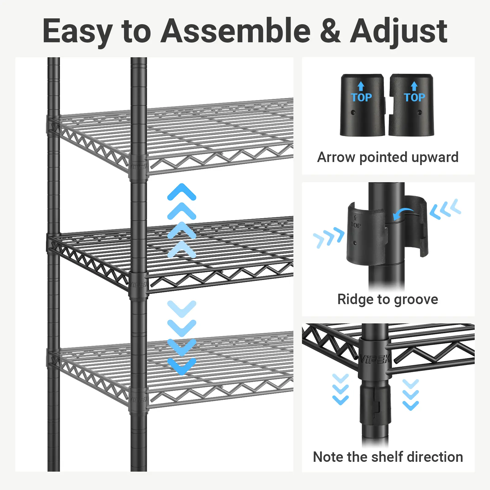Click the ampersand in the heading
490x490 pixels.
[x=330, y=31]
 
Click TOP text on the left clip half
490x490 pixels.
[x=361, y=97]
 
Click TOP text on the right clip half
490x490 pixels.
[x=414, y=97]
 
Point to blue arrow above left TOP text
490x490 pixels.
[x=361, y=86]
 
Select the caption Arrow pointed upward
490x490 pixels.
[x=388, y=157]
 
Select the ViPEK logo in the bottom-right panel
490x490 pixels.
[x=375, y=359]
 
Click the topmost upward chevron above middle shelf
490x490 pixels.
[x=182, y=192]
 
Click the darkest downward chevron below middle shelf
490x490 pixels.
[x=182, y=366]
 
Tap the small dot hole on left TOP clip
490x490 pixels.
[x=353, y=112]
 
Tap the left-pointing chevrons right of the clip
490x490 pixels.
[x=445, y=209]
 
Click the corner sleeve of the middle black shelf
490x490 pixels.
[x=139, y=283]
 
